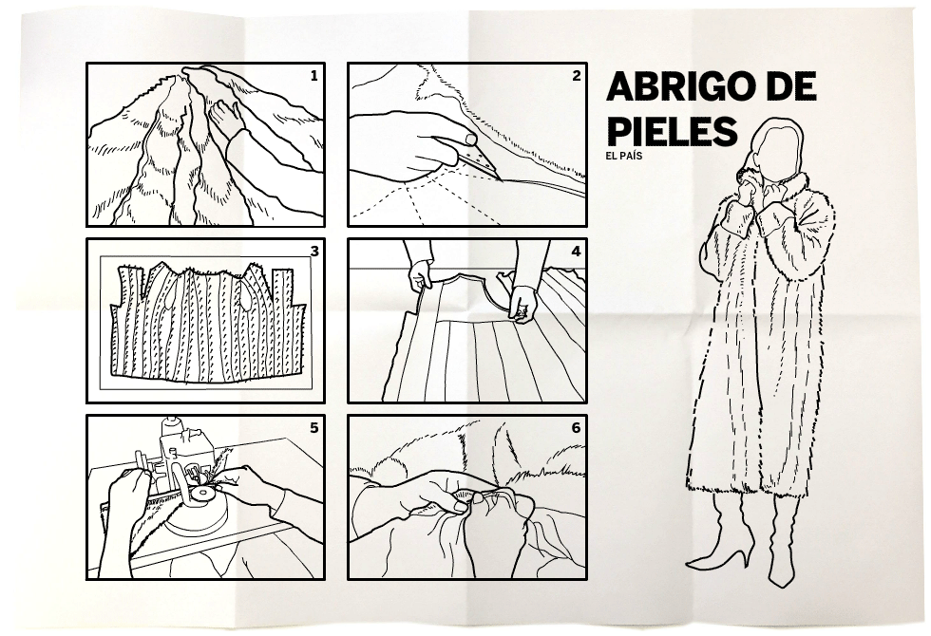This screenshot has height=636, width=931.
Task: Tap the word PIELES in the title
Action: pyautogui.click(x=673, y=131)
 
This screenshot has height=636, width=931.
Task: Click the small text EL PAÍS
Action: pyautogui.click(x=624, y=156)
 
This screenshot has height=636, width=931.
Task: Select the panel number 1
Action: pyautogui.click(x=314, y=76)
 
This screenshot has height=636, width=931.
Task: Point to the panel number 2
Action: pyautogui.click(x=576, y=76)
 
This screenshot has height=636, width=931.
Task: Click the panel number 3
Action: pyautogui.click(x=314, y=252)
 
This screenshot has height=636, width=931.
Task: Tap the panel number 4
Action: pyautogui.click(x=576, y=252)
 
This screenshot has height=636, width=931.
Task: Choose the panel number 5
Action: pyautogui.click(x=314, y=428)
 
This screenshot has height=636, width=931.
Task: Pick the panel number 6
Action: pyautogui.click(x=576, y=428)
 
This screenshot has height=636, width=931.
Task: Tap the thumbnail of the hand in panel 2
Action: pyautogui.click(x=470, y=140)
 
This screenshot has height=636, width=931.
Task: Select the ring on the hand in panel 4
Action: pyautogui.click(x=522, y=309)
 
